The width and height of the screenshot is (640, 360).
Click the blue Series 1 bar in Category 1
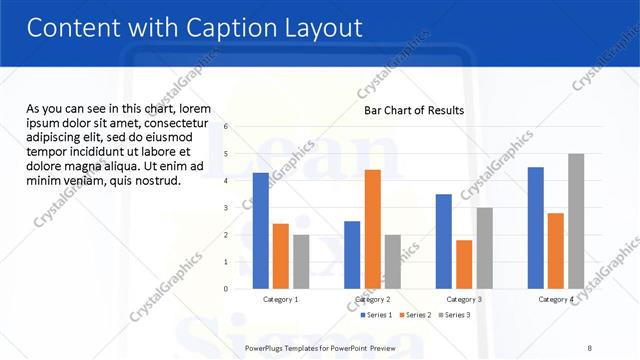261,231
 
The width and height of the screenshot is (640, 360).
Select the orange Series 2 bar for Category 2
372,229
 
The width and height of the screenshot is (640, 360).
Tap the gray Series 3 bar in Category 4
576,221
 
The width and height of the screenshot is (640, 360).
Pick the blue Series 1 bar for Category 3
444,241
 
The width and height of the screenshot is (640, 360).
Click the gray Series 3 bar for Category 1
301,262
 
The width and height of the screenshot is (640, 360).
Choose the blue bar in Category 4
536,228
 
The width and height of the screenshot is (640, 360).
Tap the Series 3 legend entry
455,315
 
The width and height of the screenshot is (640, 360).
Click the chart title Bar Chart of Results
414,110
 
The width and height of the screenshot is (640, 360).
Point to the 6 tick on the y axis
226,127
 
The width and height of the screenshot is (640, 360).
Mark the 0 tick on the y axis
226,289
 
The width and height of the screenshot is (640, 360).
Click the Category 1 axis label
281,299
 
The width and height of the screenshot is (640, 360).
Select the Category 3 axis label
464,299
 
